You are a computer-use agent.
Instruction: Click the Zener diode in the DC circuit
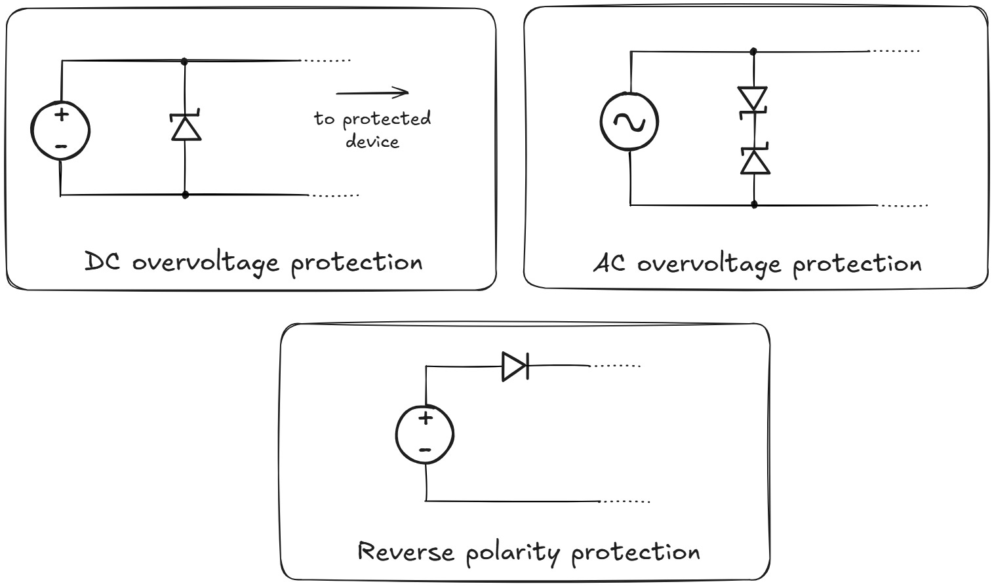[x=186, y=127]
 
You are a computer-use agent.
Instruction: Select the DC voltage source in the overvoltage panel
[x=60, y=130]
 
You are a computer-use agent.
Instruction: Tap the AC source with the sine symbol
[x=629, y=122]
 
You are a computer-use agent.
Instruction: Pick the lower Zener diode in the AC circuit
[x=755, y=160]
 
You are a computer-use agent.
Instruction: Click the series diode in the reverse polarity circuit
[x=515, y=366]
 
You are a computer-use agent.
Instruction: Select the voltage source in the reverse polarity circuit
[x=425, y=434]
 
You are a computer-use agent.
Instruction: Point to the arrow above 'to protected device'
[x=372, y=93]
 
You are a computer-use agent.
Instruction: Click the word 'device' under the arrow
[x=372, y=142]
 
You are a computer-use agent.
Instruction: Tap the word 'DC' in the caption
[x=102, y=262]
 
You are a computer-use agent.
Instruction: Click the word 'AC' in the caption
[x=609, y=264]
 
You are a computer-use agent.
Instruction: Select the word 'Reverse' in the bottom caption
[x=406, y=551]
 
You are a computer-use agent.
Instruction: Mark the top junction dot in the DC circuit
[x=184, y=61]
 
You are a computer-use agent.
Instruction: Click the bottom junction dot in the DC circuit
[x=186, y=195]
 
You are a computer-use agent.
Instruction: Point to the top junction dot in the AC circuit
[x=754, y=51]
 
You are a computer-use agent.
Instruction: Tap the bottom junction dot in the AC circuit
[x=755, y=205]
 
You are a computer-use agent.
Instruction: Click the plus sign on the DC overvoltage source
[x=61, y=115]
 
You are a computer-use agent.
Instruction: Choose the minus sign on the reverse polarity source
[x=425, y=450]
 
